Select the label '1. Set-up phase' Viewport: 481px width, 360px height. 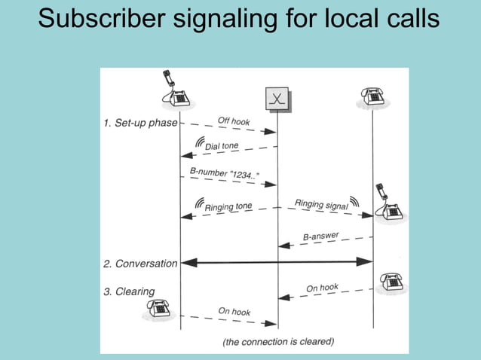pyautogui.click(x=139, y=123)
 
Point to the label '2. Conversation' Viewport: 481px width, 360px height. pyautogui.click(x=139, y=264)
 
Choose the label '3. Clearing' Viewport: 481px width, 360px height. pyautogui.click(x=128, y=291)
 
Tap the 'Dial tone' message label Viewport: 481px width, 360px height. pyautogui.click(x=222, y=145)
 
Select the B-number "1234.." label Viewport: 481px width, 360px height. pyautogui.click(x=224, y=175)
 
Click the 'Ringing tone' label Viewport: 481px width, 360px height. pyautogui.click(x=228, y=206)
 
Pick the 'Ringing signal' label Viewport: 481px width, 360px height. pyautogui.click(x=320, y=203)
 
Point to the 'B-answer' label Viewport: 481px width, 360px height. pyautogui.click(x=321, y=236)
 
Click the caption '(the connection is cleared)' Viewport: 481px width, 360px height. pyautogui.click(x=277, y=341)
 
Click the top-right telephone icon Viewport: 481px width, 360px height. pyautogui.click(x=372, y=96)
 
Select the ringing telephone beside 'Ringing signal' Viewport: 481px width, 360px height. pyautogui.click(x=389, y=204)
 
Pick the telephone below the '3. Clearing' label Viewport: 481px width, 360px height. pyautogui.click(x=158, y=307)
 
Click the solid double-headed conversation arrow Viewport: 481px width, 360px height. pyautogui.click(x=277, y=262)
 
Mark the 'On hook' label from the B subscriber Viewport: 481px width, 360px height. pyautogui.click(x=323, y=288)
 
